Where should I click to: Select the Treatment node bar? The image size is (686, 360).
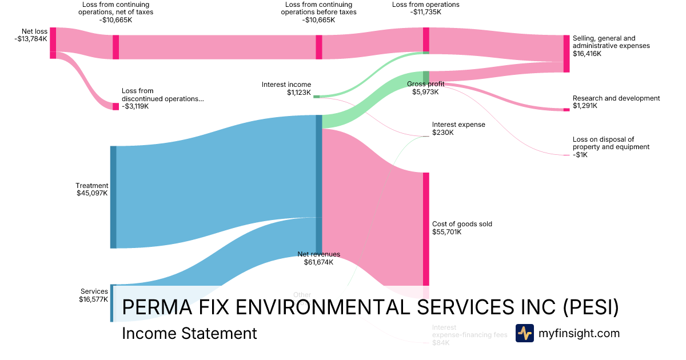113,197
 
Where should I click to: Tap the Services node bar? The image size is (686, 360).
113,303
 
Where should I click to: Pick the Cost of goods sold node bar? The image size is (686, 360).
426,229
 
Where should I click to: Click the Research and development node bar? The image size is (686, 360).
566,109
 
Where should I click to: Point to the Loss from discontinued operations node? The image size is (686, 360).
115,106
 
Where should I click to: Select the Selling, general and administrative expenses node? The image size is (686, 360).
567,53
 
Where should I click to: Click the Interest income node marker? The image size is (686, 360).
316,97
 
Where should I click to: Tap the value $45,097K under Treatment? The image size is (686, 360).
92,193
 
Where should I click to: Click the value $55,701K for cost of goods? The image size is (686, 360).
446,232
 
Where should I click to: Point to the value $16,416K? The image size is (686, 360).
587,54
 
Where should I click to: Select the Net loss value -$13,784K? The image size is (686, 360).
31,39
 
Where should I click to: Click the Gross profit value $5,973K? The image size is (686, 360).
425,91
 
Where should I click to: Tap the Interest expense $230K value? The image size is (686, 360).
443,133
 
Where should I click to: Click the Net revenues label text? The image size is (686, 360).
318,254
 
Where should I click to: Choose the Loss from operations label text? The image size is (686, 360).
425,5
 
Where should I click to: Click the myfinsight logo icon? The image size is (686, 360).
524,333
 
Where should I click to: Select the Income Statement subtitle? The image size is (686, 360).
189,333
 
